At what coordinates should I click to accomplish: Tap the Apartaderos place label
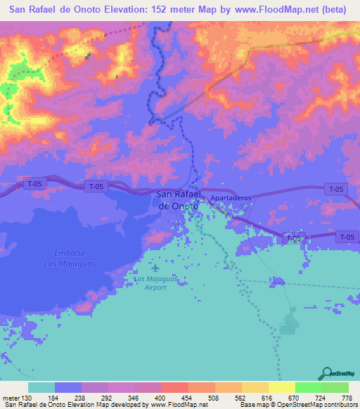click(x=231, y=199)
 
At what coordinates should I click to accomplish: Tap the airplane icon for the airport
click(x=155, y=267)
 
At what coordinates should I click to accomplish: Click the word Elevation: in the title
click(x=129, y=10)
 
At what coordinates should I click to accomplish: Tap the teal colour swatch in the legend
click(x=41, y=387)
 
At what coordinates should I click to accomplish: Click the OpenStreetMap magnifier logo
click(x=326, y=373)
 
